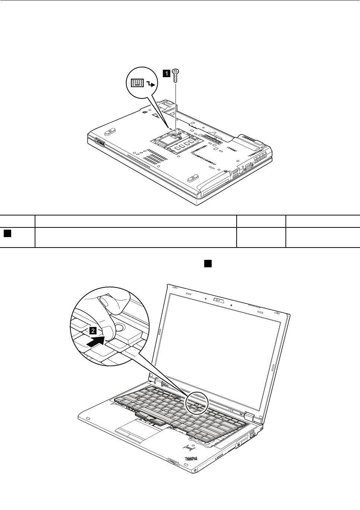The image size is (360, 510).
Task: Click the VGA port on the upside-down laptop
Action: pyautogui.click(x=247, y=168)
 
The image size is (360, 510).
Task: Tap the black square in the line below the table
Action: pyautogui.click(x=208, y=263)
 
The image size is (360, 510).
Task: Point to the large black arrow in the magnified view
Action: pyautogui.click(x=96, y=340)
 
